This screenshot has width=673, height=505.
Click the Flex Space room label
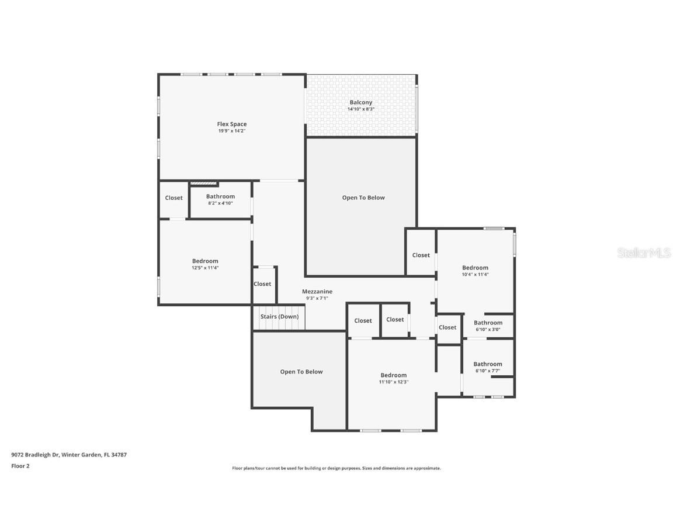tap(231, 124)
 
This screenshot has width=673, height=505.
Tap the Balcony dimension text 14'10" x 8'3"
tap(360, 109)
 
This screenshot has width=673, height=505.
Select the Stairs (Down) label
tap(279, 317)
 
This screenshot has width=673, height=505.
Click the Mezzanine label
tap(317, 292)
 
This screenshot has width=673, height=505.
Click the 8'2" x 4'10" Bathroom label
tap(220, 197)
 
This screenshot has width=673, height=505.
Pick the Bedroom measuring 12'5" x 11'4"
tap(205, 261)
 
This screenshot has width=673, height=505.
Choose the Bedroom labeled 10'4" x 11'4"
tap(475, 268)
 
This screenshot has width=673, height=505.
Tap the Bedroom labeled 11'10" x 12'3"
tap(393, 376)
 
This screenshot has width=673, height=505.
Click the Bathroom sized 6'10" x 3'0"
tap(488, 323)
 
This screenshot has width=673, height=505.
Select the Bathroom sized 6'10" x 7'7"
tap(488, 364)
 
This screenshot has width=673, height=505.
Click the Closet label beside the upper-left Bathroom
tap(174, 198)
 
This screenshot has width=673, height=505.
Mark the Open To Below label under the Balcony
tap(363, 198)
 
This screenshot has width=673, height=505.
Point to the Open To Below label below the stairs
tap(301, 372)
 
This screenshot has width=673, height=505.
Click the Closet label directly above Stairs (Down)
tap(262, 284)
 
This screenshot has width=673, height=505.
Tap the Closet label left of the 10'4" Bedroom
tap(421, 255)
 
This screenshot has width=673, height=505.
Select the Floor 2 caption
tap(20, 466)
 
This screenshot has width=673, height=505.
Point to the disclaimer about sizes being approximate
tap(336, 468)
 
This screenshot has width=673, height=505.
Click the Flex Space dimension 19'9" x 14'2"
tap(231, 131)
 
